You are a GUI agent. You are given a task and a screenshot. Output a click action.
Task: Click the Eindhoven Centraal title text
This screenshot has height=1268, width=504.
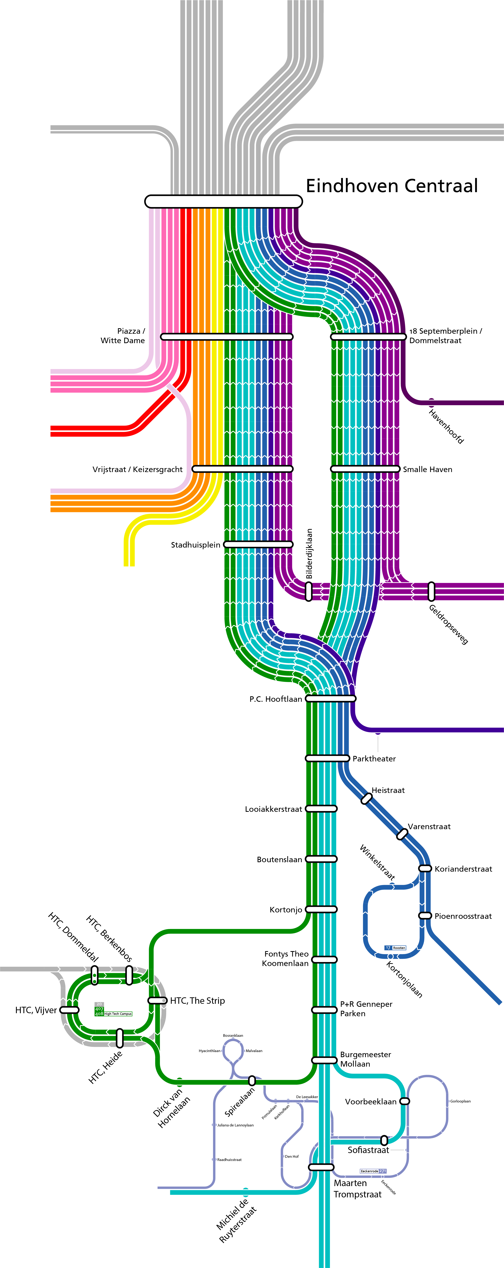pyautogui.click(x=392, y=186)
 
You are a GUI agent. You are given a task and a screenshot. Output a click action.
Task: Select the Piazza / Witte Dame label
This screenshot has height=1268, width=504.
pyautogui.click(x=123, y=336)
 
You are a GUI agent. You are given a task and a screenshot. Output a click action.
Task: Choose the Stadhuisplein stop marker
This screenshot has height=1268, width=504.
pyautogui.click(x=258, y=544)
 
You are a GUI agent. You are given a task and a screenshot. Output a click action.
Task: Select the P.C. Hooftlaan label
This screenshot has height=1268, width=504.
pyautogui.click(x=275, y=699)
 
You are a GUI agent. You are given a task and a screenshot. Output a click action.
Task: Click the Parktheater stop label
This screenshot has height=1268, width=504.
pyautogui.click(x=374, y=759)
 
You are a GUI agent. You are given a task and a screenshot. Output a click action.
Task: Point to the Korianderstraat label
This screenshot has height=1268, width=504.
pyautogui.click(x=463, y=869)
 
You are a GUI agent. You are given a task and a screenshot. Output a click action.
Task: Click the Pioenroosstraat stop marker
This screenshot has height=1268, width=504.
pyautogui.click(x=425, y=916)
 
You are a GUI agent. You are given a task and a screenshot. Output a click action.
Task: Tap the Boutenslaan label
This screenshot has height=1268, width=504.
pyautogui.click(x=279, y=859)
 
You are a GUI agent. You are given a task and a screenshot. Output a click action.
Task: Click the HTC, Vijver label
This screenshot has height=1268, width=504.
pyautogui.click(x=36, y=1010)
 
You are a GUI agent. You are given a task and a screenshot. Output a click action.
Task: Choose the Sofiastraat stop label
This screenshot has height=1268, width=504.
pyautogui.click(x=368, y=1150)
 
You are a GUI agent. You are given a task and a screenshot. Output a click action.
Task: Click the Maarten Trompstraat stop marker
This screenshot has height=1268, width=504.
pyautogui.click(x=321, y=1167)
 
